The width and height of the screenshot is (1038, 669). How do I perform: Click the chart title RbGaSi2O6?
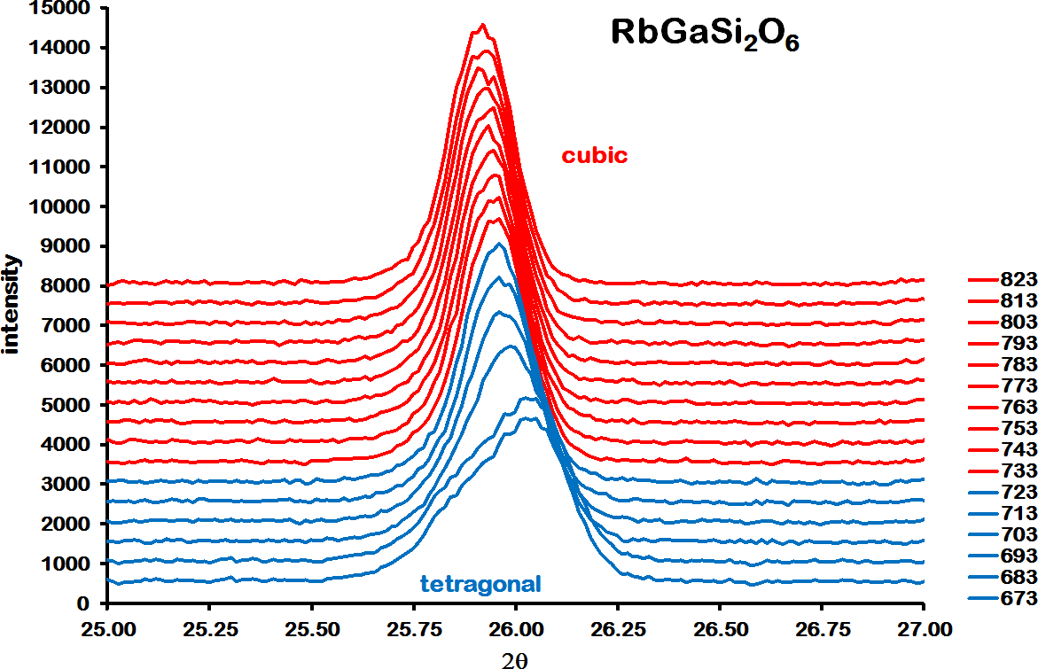coord(705,35)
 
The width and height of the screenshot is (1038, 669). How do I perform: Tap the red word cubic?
coord(594,156)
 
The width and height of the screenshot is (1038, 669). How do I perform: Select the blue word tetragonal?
coord(480,583)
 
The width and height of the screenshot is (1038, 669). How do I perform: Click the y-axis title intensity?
coord(12,304)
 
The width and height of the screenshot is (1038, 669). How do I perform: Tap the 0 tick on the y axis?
coord(83,603)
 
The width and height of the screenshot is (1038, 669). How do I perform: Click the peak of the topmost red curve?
coord(481,25)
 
